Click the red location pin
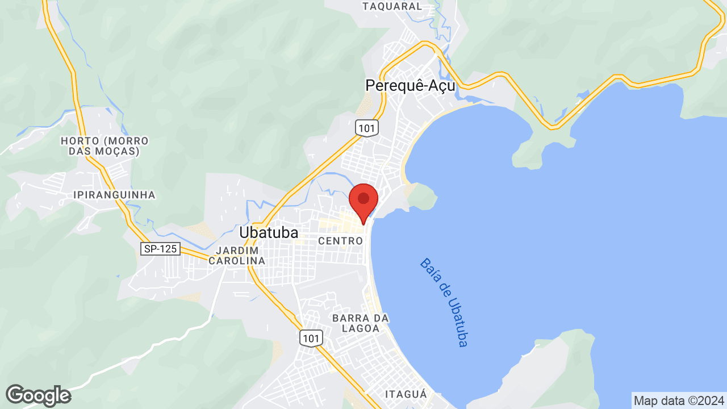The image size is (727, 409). (363, 200)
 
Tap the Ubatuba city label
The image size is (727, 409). (269, 233)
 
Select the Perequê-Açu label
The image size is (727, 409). (410, 85)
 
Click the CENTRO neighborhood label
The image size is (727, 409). (340, 241)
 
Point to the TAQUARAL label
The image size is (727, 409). (392, 6)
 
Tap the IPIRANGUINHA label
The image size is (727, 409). (114, 195)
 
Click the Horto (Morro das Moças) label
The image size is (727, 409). (105, 146)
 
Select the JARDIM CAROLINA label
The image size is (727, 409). (237, 256)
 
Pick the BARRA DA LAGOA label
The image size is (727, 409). (361, 323)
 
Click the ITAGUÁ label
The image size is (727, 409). (406, 394)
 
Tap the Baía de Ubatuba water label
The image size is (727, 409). (444, 302)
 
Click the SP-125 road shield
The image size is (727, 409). (160, 249)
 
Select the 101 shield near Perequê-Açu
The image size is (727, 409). (367, 128)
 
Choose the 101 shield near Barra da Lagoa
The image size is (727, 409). (311, 339)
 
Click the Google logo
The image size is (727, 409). (38, 395)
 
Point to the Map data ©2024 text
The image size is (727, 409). (679, 400)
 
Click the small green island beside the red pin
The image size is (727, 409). (422, 197)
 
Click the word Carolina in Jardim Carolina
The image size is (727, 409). (237, 261)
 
